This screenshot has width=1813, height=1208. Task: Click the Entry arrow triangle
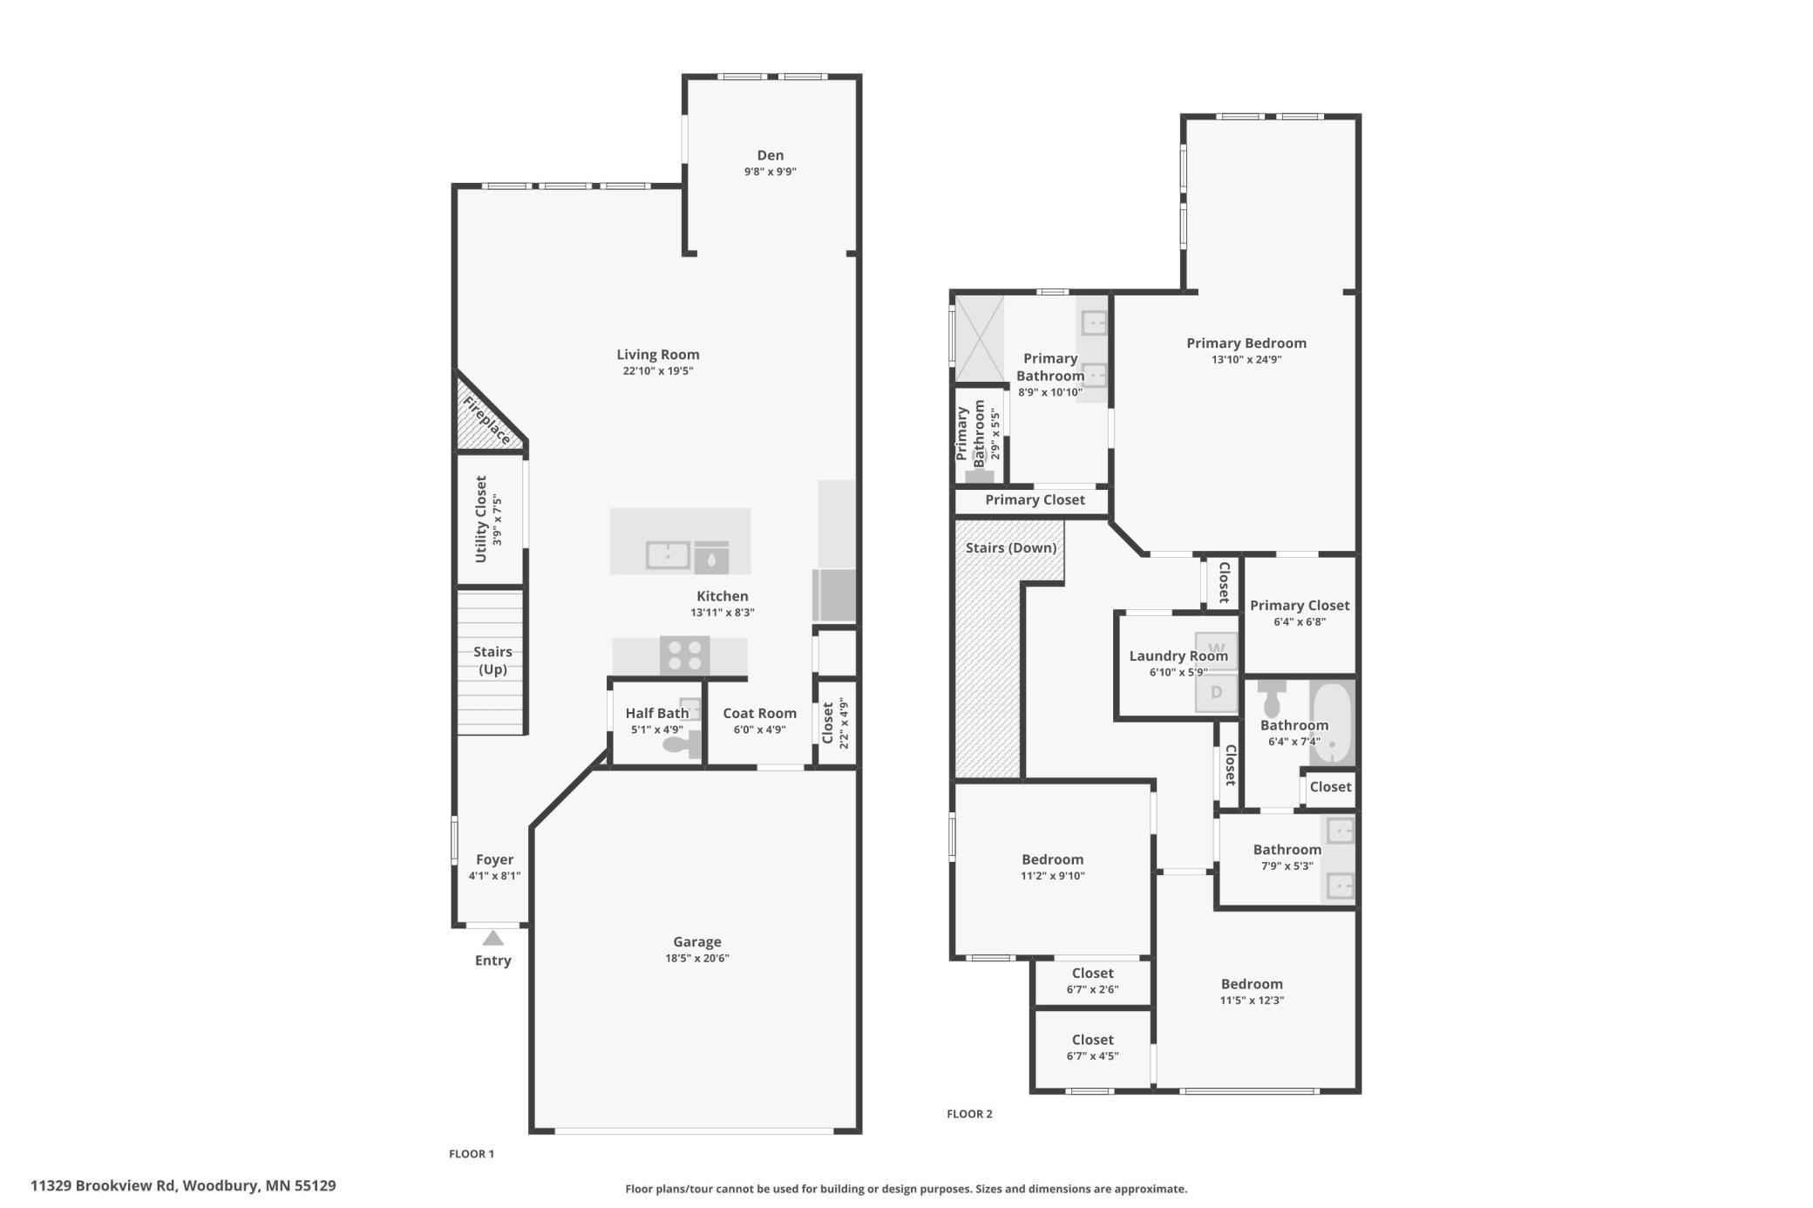coord(492,939)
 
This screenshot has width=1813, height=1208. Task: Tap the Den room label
coord(770,155)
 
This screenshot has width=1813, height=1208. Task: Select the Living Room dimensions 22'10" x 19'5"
coord(657,371)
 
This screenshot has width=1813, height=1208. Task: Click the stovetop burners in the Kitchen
coord(684,655)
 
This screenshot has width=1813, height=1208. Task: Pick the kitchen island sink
coord(668,554)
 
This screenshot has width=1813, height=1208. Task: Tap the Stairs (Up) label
coord(492,661)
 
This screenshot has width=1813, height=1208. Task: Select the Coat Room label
coord(759,713)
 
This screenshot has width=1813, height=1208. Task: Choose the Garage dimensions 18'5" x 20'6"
coord(696,959)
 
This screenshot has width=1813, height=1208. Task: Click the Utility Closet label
coord(481,519)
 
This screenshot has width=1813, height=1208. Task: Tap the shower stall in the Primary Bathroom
coord(980,338)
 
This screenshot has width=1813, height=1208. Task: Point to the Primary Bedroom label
coord(1246,343)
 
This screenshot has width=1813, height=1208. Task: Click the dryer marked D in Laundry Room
coord(1216,693)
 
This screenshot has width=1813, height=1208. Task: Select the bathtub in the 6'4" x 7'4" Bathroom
coord(1332,723)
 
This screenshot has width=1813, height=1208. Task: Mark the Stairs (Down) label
coord(1010,548)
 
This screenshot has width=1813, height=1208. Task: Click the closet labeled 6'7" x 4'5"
coord(1092,1047)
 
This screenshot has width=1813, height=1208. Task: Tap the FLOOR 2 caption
coord(969,1114)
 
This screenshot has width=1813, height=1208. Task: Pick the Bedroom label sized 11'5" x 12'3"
coord(1251,984)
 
